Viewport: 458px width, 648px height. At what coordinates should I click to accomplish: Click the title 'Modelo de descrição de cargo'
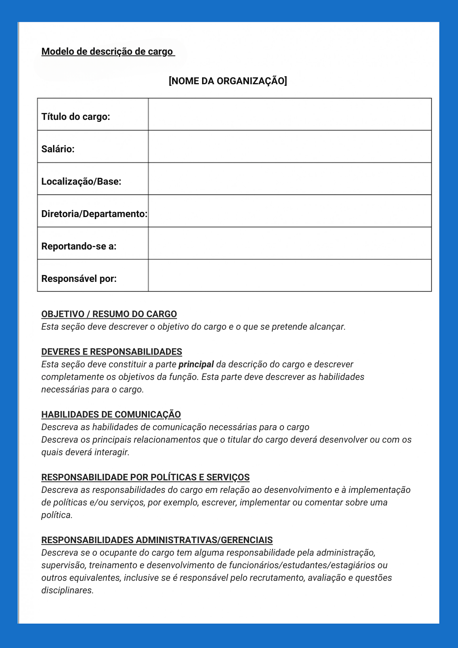[x=107, y=52]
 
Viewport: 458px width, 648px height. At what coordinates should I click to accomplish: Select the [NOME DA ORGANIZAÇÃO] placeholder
[x=228, y=81]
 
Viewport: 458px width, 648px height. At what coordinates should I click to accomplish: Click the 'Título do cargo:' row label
[x=76, y=117]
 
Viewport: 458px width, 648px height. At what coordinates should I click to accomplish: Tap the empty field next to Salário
[x=290, y=147]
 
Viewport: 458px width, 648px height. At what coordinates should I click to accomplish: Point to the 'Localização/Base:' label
[x=81, y=181]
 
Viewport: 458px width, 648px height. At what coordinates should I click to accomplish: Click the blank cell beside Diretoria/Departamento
[x=290, y=211]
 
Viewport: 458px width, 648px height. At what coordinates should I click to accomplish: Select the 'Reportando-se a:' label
[x=79, y=246]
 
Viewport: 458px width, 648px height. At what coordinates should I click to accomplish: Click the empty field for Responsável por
[x=290, y=275]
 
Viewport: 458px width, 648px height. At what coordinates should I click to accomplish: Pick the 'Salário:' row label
[x=58, y=149]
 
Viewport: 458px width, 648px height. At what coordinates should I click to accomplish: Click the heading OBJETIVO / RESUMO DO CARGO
[x=109, y=314]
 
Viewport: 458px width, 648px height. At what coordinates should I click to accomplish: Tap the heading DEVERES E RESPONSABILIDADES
[x=112, y=352]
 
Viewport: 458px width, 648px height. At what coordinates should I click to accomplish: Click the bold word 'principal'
[x=196, y=364]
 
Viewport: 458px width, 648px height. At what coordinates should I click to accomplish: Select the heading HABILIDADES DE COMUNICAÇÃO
[x=111, y=415]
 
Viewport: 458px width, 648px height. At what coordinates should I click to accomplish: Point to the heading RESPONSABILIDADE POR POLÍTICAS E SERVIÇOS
[x=145, y=477]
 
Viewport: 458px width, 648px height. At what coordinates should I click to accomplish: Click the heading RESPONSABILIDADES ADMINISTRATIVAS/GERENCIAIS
[x=157, y=540]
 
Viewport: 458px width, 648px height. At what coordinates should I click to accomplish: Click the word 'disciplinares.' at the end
[x=67, y=590]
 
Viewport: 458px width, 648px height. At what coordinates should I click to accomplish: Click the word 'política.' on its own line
[x=57, y=515]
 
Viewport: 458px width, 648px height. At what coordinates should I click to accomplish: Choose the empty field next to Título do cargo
[x=290, y=114]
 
